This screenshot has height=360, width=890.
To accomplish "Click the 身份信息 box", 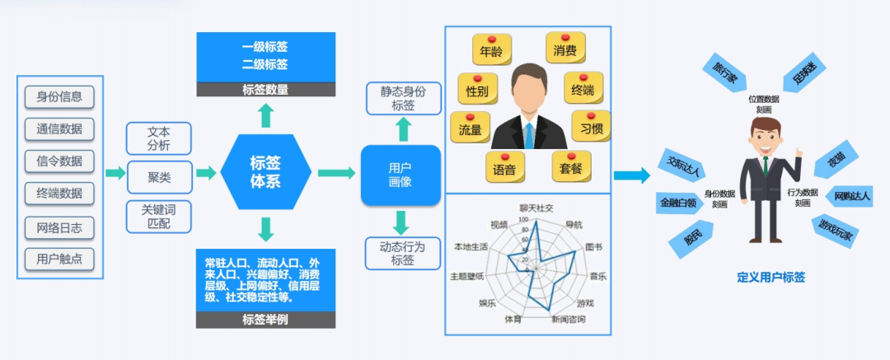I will pyautogui.click(x=59, y=96).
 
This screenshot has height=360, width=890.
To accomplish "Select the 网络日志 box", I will pyautogui.click(x=59, y=227).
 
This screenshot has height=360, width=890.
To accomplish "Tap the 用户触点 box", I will pyautogui.click(x=59, y=259).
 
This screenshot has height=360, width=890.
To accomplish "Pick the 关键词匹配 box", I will pyautogui.click(x=159, y=216).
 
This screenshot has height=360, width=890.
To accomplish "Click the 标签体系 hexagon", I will pyautogui.click(x=265, y=172).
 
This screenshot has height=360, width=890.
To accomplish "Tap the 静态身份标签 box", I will pyautogui.click(x=403, y=98).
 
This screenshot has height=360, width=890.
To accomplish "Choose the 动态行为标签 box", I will pyautogui.click(x=403, y=253).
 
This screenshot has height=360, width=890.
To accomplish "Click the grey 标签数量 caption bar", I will pyautogui.click(x=265, y=90).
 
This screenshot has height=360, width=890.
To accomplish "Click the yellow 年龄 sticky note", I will pyautogui.click(x=491, y=51).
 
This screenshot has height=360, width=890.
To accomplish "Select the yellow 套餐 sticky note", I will pyautogui.click(x=571, y=167).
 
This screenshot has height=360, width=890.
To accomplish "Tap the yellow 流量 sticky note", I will pyautogui.click(x=471, y=129).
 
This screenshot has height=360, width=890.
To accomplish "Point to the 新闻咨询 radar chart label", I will pyautogui.click(x=568, y=320).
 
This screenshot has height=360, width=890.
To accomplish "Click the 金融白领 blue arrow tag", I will pyautogui.click(x=678, y=202).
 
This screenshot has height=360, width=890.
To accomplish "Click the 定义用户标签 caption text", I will pyautogui.click(x=771, y=278).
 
